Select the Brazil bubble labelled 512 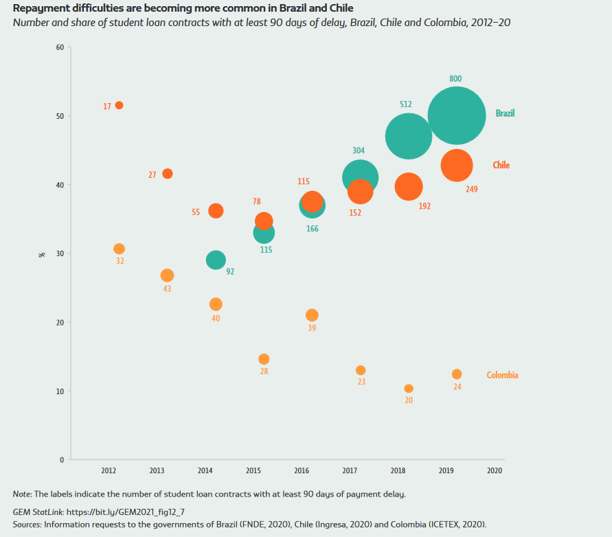[409, 136]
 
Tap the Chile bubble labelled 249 [457, 165]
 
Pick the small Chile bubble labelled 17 [119, 105]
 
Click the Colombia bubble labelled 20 [409, 389]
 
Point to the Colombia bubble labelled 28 [264, 359]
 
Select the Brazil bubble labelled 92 [216, 260]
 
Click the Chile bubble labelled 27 [167, 174]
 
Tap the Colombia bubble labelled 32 [119, 249]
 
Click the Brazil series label [505, 113]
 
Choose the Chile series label [501, 165]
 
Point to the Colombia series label [502, 375]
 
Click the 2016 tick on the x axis [302, 471]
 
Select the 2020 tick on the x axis [495, 471]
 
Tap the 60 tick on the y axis [60, 47]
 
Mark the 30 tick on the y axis [60, 253]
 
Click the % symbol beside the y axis [42, 254]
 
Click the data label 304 [359, 150]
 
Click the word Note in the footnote [21, 494]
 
